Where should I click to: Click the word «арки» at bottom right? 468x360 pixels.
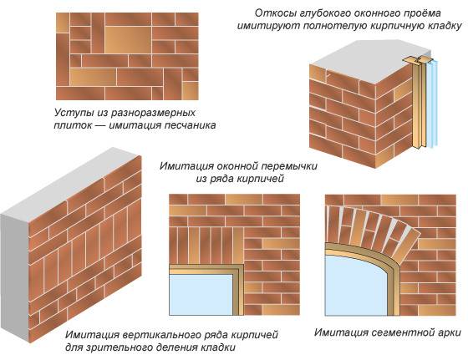coord(447,332)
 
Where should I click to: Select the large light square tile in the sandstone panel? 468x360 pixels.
coord(128,39)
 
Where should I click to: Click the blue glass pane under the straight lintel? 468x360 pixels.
coord(201,295)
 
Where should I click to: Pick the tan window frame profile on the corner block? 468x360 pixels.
coord(418,103)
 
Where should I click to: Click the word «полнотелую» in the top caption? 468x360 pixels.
coord(334,26)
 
